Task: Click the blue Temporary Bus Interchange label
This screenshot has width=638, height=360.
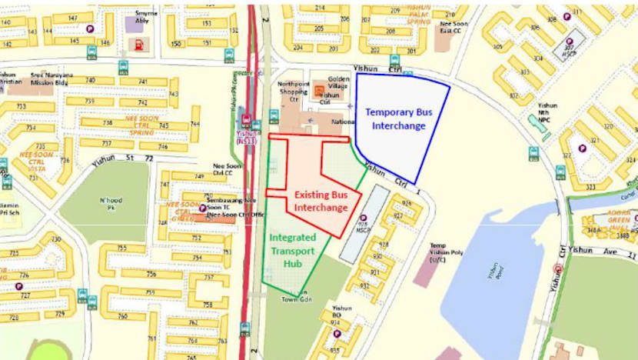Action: [398, 118]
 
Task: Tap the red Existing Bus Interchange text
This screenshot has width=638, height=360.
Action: [321, 202]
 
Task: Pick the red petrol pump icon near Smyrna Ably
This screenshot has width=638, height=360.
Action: [139, 44]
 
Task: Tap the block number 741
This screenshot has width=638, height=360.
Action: [139, 82]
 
